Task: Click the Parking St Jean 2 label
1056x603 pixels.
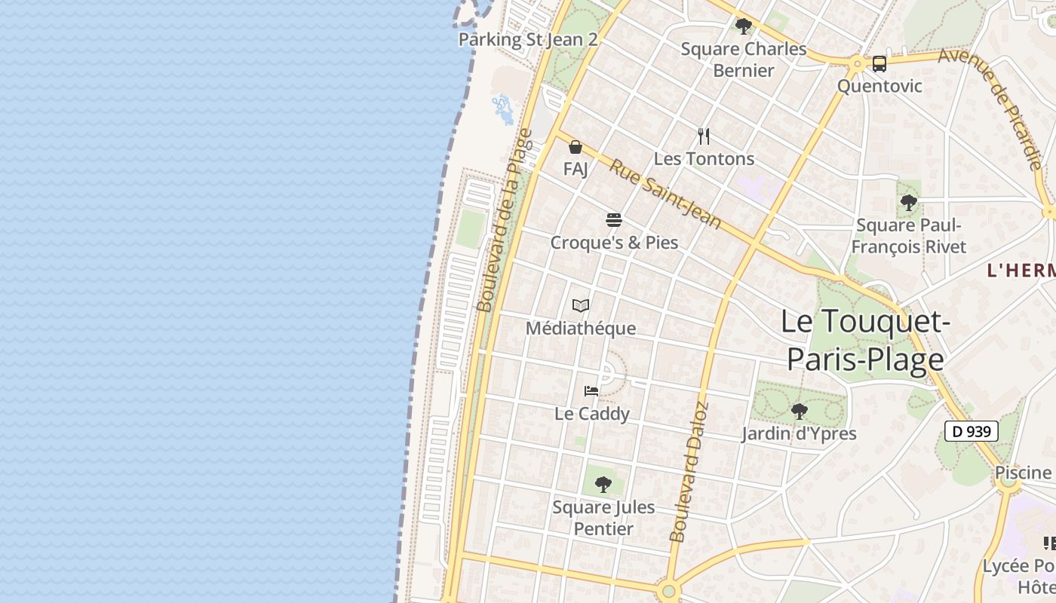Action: (528, 39)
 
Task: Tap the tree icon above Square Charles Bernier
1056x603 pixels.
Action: (743, 26)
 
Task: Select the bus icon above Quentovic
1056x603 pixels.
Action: (879, 63)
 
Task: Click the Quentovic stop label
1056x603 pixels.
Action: (879, 86)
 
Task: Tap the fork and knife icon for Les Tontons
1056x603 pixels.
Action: (704, 136)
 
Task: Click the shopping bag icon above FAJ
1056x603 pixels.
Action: (576, 147)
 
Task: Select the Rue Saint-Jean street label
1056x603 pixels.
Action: (665, 194)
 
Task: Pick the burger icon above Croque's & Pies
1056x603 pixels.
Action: (614, 220)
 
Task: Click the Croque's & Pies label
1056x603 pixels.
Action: (614, 243)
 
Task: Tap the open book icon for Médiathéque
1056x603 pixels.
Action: (581, 305)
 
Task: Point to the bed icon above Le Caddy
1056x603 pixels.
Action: (591, 390)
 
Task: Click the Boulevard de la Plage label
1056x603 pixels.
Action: (504, 220)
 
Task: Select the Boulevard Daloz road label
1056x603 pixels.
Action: (689, 473)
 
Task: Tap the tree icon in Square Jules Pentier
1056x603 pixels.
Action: (603, 484)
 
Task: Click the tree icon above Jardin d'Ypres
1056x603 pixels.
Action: (799, 412)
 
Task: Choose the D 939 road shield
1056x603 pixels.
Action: (972, 431)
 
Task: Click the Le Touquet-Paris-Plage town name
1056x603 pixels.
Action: (864, 341)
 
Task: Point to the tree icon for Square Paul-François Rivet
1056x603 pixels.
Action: (909, 202)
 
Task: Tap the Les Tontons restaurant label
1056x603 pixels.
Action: (704, 159)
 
